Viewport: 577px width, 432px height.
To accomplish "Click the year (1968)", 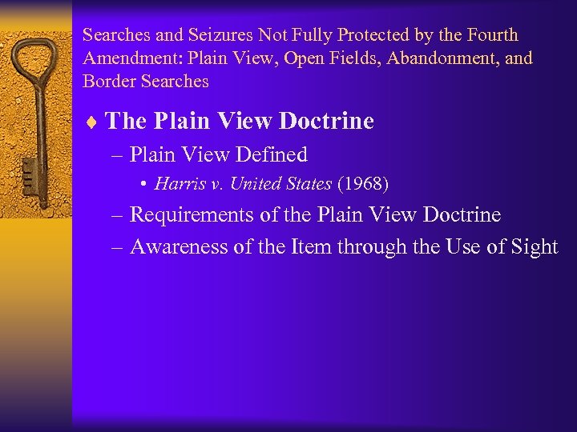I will pos(363,184).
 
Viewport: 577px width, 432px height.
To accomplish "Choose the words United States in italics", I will pos(280,184).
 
